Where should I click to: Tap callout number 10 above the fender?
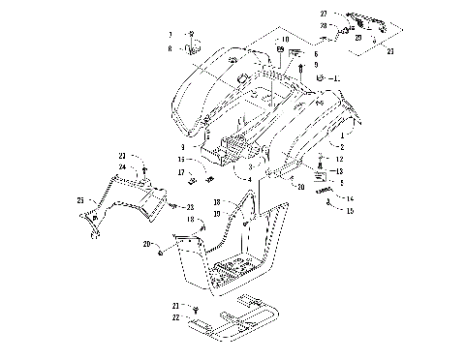click(x=258, y=40)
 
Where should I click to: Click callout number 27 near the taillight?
click(x=325, y=14)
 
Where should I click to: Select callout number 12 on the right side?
click(x=338, y=157)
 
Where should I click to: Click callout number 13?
click(x=338, y=168)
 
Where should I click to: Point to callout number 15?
click(x=350, y=209)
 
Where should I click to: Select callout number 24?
click(x=122, y=166)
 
